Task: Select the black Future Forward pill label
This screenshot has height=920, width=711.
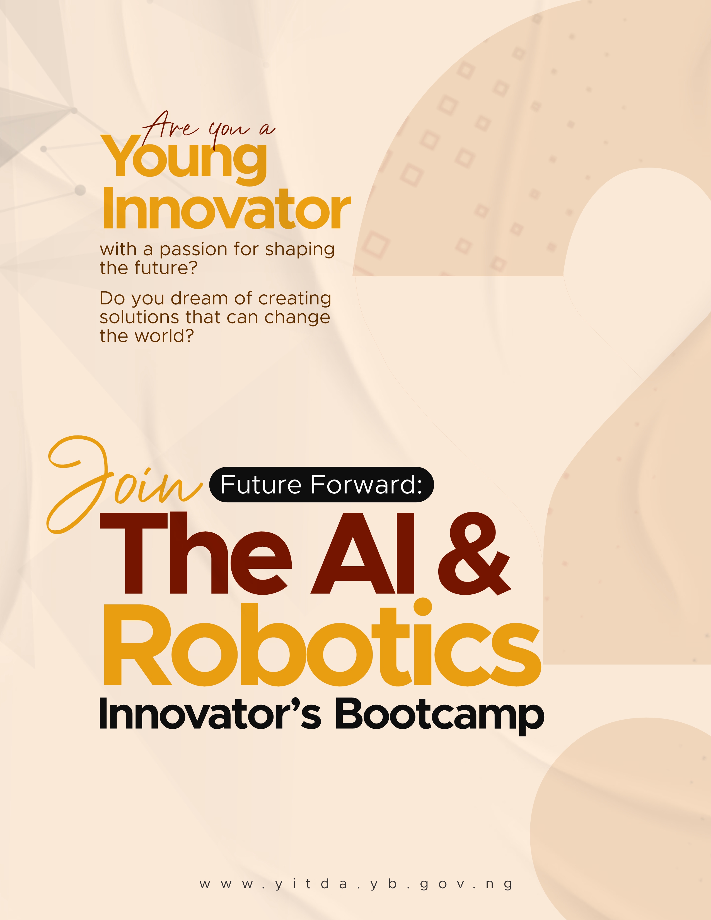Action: coord(321,485)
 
